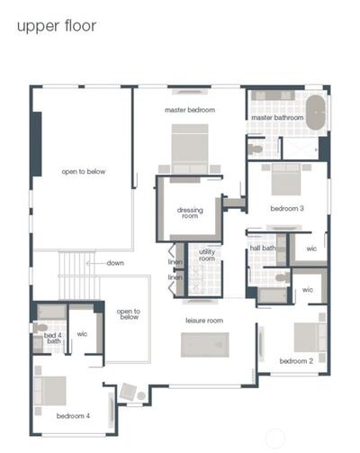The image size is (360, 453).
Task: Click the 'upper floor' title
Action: tap(57, 26)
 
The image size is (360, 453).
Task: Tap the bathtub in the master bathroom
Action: tap(316, 113)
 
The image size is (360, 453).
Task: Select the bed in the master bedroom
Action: tap(190, 149)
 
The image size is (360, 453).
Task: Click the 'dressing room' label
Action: tap(190, 213)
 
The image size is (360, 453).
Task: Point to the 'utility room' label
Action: tap(207, 255)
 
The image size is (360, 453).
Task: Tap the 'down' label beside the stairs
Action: tap(115, 263)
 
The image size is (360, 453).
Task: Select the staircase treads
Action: tap(78, 276)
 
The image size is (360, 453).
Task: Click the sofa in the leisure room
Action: tap(205, 345)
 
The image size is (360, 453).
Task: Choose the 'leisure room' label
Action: tap(204, 321)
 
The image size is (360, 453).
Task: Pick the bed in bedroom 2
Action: tap(310, 337)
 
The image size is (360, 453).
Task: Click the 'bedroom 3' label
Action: tap(287, 208)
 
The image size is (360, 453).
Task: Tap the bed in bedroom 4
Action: tap(50, 391)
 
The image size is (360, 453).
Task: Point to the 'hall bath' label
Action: tap(263, 248)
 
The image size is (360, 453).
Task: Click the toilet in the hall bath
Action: tap(283, 277)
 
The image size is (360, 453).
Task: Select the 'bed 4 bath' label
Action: tap(53, 338)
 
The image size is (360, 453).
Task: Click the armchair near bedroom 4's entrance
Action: tap(128, 392)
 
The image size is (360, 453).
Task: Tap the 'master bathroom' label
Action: tap(277, 118)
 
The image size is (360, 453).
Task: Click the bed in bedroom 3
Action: tap(286, 179)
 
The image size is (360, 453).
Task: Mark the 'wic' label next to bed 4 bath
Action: tap(82, 334)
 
